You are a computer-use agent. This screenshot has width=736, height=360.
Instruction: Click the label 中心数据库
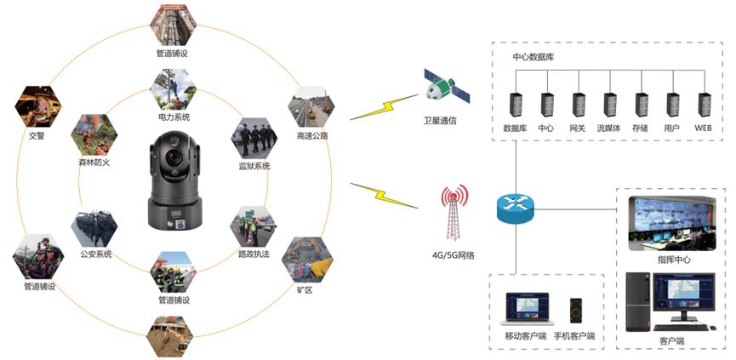pos(533,57)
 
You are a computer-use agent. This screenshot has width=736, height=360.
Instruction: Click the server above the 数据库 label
pos(516,104)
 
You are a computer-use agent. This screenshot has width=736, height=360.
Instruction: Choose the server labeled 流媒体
pos(610,104)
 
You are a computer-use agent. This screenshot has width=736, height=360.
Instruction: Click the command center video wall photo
pos(670,223)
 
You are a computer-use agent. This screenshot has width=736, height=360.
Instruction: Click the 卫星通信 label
pos(441,120)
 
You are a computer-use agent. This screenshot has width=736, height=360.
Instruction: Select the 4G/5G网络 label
pos(453,255)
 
